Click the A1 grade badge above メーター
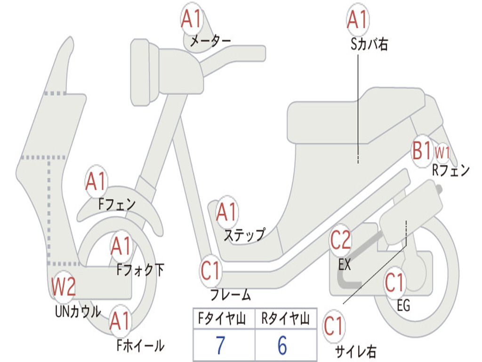coord(191,18)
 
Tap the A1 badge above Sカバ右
coord(358,19)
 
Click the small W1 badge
coord(442,152)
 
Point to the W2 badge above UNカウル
coord(64,286)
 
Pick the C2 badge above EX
coord(340,240)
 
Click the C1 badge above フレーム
coord(210,270)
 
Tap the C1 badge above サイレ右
coord(334,326)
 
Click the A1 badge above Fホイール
coord(120,321)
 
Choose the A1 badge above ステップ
coord(227,212)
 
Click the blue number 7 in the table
coord(220,345)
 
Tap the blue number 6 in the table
coord(282,345)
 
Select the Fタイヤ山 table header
coord(222,319)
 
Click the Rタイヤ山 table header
coord(285,319)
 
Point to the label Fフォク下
coord(140,270)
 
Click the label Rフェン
coord(451,170)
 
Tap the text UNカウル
coord(78,311)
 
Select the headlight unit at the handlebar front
coord(145,73)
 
